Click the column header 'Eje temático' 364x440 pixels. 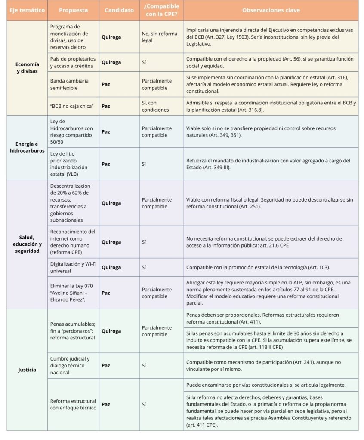click(x=27, y=10)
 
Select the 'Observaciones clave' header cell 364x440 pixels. click(x=271, y=10)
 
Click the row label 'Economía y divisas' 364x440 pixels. click(x=27, y=68)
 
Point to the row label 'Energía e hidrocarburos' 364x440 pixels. click(x=27, y=147)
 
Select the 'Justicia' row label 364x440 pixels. click(x=27, y=370)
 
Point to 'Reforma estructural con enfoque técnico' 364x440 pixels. click(x=73, y=404)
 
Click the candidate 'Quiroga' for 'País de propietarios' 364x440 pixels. click(x=111, y=62)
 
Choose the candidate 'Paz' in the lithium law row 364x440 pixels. click(x=105, y=164)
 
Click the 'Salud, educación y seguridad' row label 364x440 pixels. click(x=27, y=244)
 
